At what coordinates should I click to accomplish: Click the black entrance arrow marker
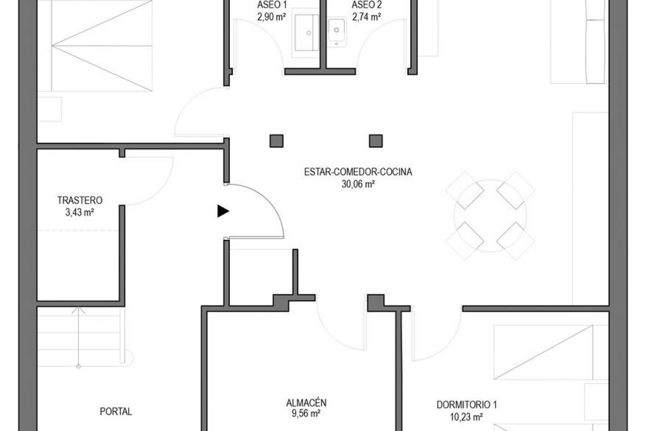223,211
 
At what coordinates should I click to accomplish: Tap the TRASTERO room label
80,200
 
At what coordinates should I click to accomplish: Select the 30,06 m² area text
358,184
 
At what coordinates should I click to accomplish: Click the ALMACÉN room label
306,402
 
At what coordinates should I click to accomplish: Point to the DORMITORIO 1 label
467,405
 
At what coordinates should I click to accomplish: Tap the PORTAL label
116,411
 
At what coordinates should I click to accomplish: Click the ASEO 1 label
271,4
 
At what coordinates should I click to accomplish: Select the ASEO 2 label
366,4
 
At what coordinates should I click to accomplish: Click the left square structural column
276,141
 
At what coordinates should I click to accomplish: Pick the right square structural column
376,141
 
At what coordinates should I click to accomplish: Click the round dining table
490,216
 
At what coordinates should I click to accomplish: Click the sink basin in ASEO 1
307,33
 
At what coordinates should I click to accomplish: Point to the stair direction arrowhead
78,310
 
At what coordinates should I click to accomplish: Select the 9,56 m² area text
306,414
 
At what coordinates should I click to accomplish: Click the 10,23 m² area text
467,417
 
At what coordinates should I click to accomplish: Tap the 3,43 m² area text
79,212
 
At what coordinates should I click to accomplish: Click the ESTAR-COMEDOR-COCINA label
358,172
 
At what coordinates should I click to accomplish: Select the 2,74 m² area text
366,17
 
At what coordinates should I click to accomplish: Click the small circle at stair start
78,366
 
